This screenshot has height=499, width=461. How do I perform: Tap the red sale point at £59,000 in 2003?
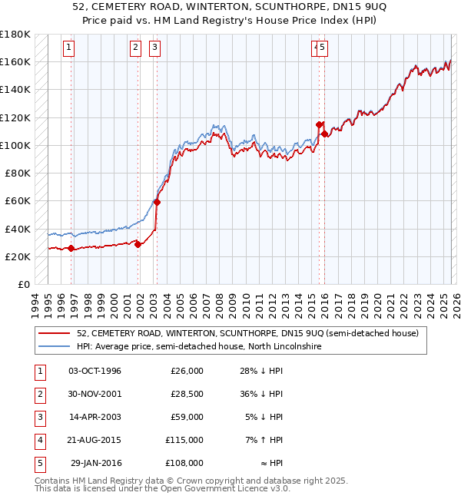tap(157, 203)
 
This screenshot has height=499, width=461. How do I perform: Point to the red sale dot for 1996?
tap(71, 248)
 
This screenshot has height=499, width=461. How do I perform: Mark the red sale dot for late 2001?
tap(138, 245)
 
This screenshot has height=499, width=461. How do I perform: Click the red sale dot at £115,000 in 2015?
tap(318, 124)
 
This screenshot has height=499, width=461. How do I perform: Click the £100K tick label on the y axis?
tap(15, 145)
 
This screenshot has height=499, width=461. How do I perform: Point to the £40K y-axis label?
tap(18, 229)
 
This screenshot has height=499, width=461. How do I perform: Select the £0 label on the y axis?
tap(24, 285)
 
